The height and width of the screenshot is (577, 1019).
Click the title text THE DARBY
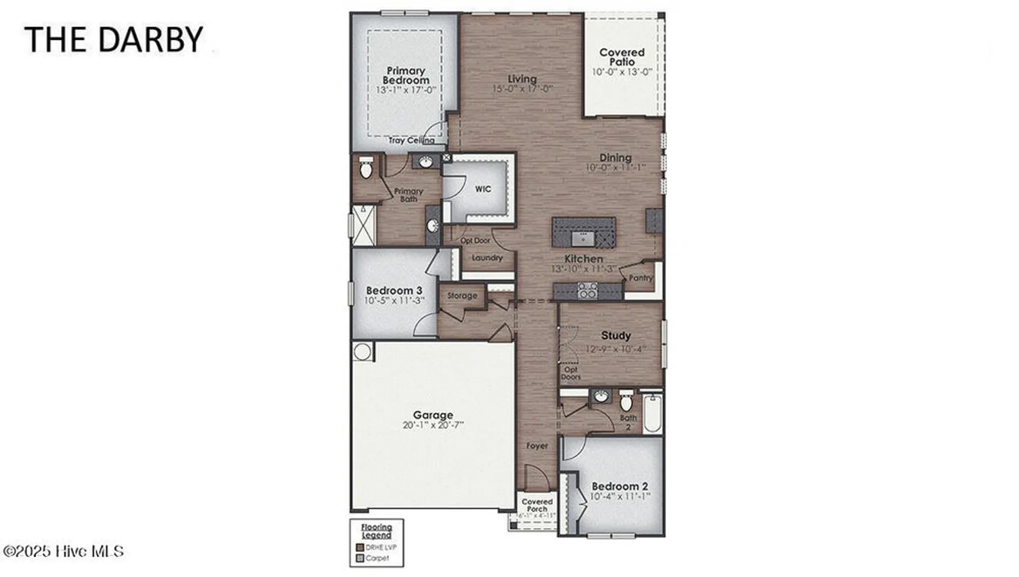coord(114,39)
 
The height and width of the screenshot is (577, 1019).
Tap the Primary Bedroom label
coord(406,75)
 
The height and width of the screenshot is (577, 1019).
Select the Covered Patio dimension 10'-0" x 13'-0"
coord(622,72)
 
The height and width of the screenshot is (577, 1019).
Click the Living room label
coord(522,79)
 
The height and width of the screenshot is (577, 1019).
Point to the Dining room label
coord(615,158)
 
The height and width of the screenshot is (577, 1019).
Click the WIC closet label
coord(482,189)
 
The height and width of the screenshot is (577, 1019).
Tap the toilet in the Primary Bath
coord(366,169)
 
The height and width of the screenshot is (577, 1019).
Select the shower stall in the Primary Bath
coord(363,225)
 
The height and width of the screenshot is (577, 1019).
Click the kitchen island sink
coord(580,238)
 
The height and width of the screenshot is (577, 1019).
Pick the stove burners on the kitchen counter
coord(587,291)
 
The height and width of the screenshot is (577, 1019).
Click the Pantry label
coord(640,278)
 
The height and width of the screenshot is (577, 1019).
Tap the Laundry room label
coord(487,258)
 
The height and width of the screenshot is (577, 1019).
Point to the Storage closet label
coord(462,296)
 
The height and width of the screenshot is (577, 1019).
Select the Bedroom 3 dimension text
coord(394,301)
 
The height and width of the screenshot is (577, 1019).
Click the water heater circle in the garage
coord(362,351)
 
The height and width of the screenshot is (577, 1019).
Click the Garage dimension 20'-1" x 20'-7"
coord(433,425)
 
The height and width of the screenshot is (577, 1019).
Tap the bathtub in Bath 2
coord(652,413)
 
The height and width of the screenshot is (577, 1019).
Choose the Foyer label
coord(537,446)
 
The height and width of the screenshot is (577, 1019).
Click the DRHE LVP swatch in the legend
coord(360,547)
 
